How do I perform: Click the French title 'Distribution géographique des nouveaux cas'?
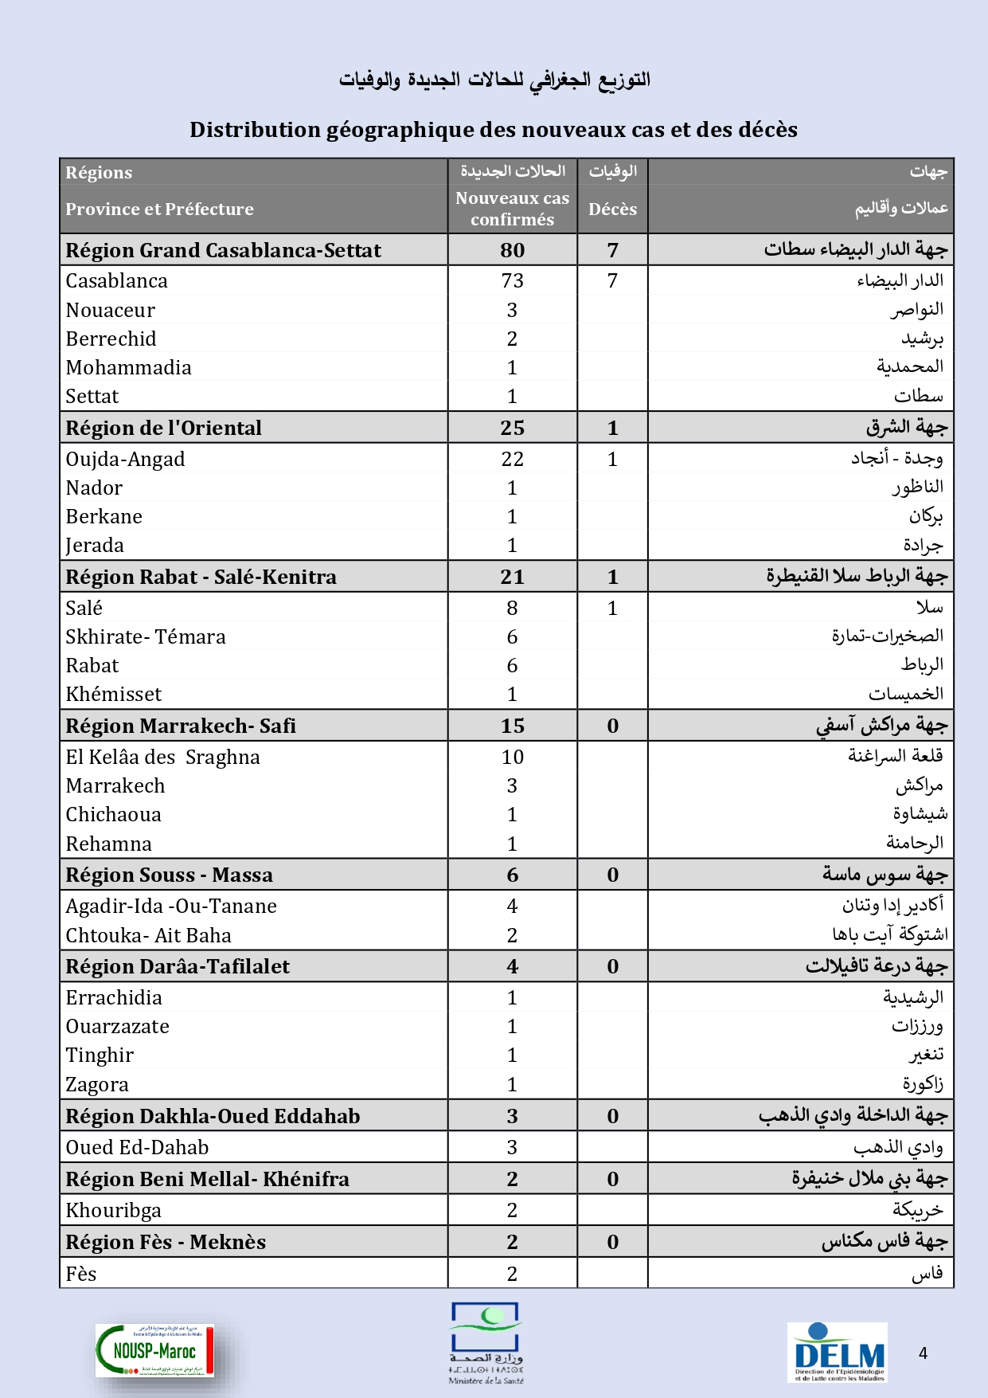[493, 130]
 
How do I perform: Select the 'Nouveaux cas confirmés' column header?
[512, 209]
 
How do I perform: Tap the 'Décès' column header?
[612, 209]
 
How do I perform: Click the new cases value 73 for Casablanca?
[512, 280]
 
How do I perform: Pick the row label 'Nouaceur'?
[110, 310]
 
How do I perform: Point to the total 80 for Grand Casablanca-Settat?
[512, 250]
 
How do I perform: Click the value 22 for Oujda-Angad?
[512, 459]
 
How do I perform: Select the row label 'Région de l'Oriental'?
[163, 428]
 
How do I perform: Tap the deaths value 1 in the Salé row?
[612, 608]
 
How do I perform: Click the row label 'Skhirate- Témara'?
[145, 636]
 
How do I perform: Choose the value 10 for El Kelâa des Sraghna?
[512, 757]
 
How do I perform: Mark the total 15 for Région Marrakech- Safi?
[512, 726]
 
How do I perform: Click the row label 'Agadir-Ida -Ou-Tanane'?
[171, 906]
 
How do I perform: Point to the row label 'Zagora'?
[97, 1084]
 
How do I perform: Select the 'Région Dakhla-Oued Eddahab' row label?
[213, 1116]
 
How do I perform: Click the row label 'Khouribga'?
[113, 1210]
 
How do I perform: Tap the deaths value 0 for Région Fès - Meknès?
[612, 1242]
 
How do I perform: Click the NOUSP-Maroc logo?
[155, 1350]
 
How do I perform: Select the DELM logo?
[838, 1353]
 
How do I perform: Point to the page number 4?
[923, 1353]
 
